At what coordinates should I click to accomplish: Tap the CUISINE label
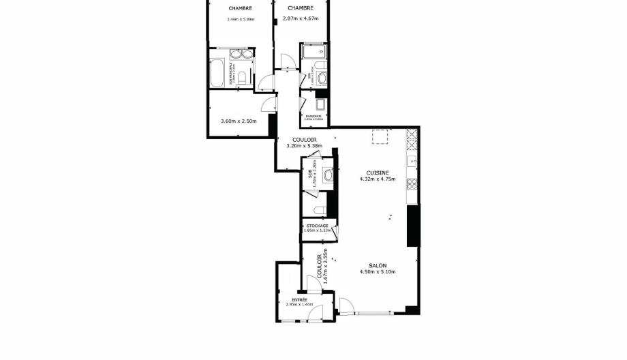pos(373,173)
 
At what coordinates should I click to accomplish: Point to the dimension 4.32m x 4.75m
pos(373,180)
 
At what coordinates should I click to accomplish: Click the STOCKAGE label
pos(317,226)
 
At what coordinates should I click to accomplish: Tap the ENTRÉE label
pos(300,299)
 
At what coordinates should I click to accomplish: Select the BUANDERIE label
pos(313,117)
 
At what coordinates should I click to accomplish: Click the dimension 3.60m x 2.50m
pos(238,121)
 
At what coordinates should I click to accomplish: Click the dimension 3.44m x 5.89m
pos(241,19)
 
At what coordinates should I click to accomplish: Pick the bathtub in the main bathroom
pos(217,74)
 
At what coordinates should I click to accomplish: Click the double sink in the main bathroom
pos(240,55)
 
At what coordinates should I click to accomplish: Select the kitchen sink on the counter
pos(411,162)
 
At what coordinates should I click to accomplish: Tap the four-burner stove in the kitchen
pos(411,183)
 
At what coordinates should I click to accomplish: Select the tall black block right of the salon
pos(412,226)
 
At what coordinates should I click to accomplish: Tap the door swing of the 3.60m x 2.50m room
pos(270,105)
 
